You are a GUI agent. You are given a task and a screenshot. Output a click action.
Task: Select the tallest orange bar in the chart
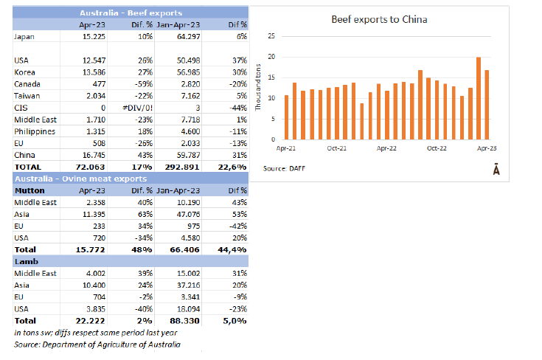(x=479, y=98)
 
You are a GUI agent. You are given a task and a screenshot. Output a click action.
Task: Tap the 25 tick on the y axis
(x=272, y=36)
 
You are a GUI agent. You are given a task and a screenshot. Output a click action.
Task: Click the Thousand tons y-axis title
(x=258, y=88)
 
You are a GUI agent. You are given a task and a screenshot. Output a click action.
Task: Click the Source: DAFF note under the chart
(x=285, y=169)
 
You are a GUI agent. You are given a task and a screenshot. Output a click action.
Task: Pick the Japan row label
(x=24, y=35)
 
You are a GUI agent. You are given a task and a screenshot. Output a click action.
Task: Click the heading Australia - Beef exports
(x=131, y=13)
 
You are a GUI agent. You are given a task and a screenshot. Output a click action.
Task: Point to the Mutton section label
(x=27, y=190)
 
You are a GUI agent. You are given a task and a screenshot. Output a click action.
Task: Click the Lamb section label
(x=24, y=260)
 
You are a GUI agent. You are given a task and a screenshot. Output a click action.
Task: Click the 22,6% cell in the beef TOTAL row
(x=233, y=167)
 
